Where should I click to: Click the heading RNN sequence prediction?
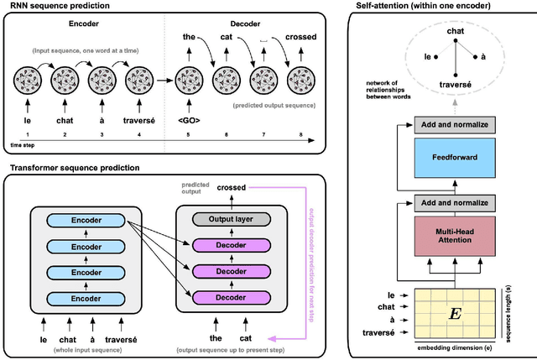pos(55,6)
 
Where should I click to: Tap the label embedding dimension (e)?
pos(452,346)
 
